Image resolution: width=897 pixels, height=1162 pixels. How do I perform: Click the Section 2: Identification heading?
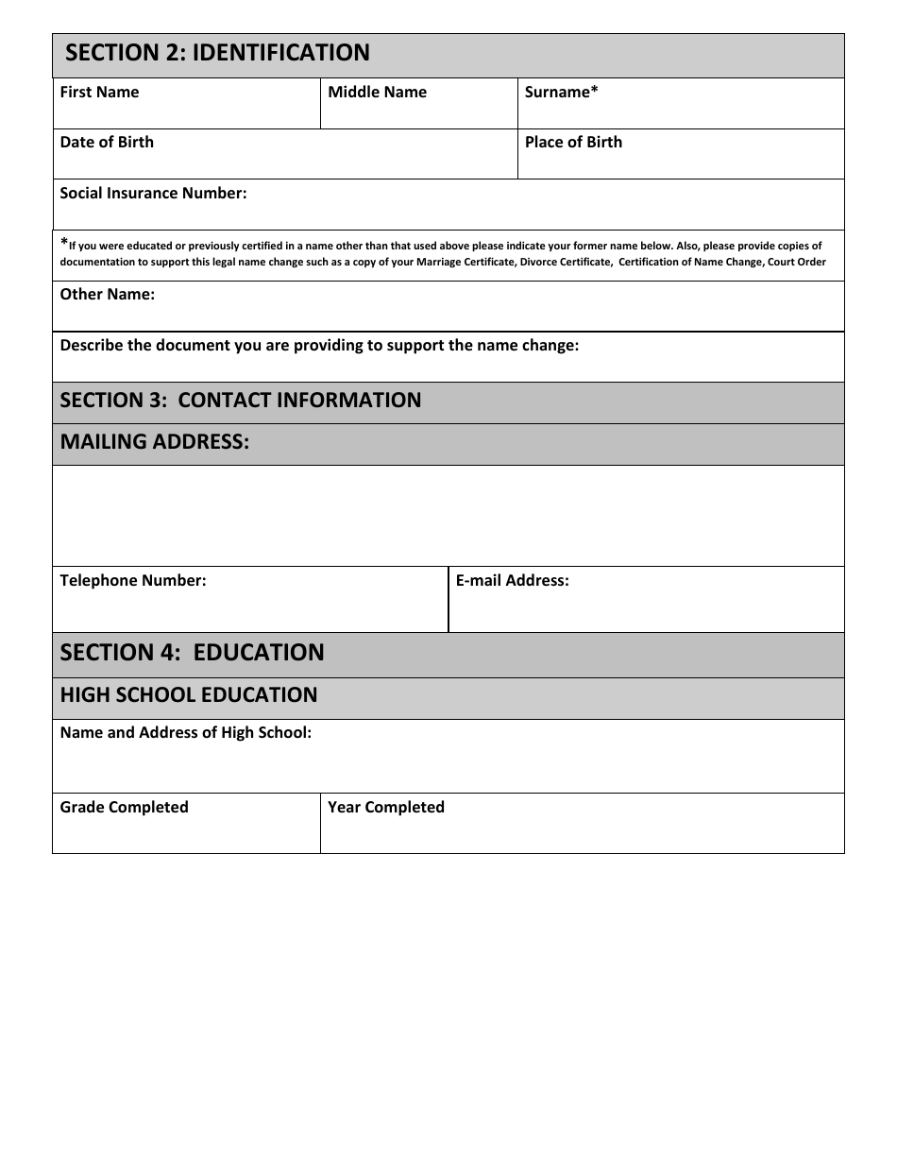(217, 53)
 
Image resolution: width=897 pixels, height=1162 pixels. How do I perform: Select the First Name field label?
(99, 92)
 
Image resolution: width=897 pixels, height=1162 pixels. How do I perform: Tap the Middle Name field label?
(377, 92)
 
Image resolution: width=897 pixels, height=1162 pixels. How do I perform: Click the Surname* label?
(561, 92)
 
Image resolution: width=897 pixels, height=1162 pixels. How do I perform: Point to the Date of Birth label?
(107, 142)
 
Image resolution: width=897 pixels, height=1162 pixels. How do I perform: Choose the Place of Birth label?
(573, 142)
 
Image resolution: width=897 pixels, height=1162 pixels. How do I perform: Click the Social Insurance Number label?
(153, 193)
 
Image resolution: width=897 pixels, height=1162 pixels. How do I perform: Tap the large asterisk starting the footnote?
(64, 244)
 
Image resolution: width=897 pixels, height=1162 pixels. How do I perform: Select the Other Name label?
(107, 294)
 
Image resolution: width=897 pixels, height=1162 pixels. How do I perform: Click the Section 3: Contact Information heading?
(241, 401)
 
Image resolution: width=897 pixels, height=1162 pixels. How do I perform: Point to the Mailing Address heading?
(155, 442)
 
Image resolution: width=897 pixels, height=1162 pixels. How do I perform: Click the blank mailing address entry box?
(448, 516)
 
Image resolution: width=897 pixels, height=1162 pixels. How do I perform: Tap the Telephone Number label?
(132, 580)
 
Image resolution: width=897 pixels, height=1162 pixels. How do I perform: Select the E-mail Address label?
(512, 580)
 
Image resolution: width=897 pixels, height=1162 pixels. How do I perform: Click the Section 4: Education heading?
(192, 653)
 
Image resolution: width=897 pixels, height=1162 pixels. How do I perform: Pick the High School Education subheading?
(189, 695)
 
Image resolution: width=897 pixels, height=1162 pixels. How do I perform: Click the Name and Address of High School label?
(185, 732)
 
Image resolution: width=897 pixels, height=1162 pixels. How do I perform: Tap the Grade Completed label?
(124, 807)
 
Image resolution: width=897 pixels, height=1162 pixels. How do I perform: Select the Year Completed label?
(385, 807)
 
